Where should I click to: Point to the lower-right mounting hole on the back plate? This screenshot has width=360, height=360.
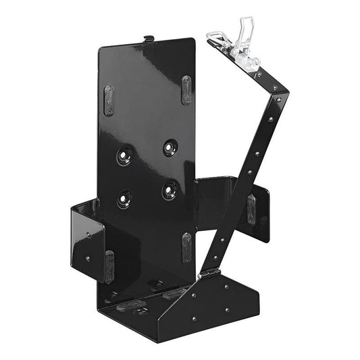click(x=168, y=191)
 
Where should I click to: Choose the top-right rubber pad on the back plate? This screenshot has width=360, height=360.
click(x=186, y=89)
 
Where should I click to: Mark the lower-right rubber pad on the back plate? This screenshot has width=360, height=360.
click(x=186, y=247)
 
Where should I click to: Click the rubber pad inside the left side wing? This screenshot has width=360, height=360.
click(x=109, y=265)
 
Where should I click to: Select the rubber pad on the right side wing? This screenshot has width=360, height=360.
click(x=251, y=209)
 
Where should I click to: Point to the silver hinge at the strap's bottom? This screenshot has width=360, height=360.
click(x=209, y=274)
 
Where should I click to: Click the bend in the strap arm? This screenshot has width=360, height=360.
click(x=277, y=91)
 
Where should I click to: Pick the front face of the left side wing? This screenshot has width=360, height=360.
click(x=87, y=240)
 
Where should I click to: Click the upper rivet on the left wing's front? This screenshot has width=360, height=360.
click(x=87, y=235)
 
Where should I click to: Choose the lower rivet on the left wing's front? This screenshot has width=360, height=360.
click(x=87, y=258)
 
